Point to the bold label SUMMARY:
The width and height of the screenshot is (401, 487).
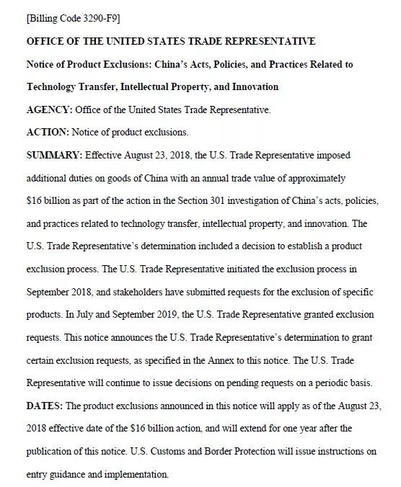coord(55,155)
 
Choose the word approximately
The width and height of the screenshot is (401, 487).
coord(314,178)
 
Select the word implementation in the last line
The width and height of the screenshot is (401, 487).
coord(133,475)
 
